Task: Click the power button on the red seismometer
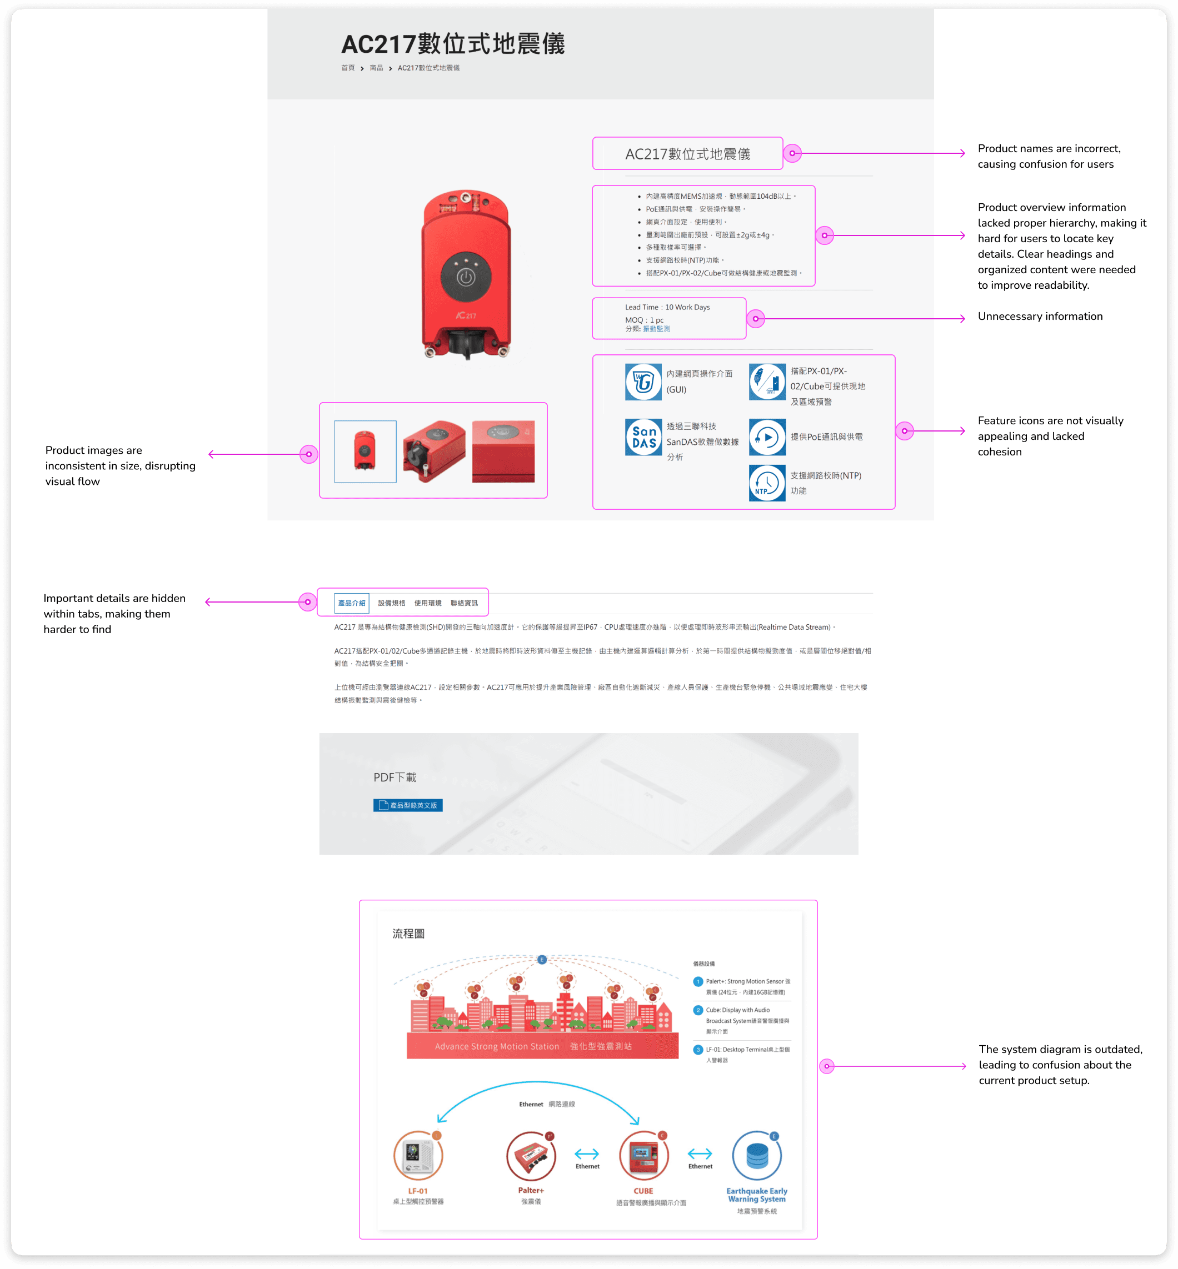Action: click(466, 278)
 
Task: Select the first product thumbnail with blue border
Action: click(365, 451)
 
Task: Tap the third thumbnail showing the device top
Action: click(503, 451)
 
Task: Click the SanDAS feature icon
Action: click(643, 437)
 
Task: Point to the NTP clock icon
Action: click(767, 483)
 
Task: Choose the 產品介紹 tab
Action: click(352, 603)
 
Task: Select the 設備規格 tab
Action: click(391, 603)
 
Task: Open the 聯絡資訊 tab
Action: click(464, 603)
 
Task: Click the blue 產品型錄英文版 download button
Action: click(408, 805)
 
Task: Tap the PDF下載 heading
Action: click(395, 777)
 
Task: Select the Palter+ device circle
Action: click(530, 1156)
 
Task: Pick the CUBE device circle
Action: click(643, 1156)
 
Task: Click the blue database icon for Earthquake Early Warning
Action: click(757, 1156)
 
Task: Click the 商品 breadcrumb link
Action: click(376, 68)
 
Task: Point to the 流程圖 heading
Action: click(408, 933)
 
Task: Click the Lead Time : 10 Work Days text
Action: click(667, 307)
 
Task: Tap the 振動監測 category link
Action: click(657, 329)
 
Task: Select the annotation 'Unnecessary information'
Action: click(1040, 317)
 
